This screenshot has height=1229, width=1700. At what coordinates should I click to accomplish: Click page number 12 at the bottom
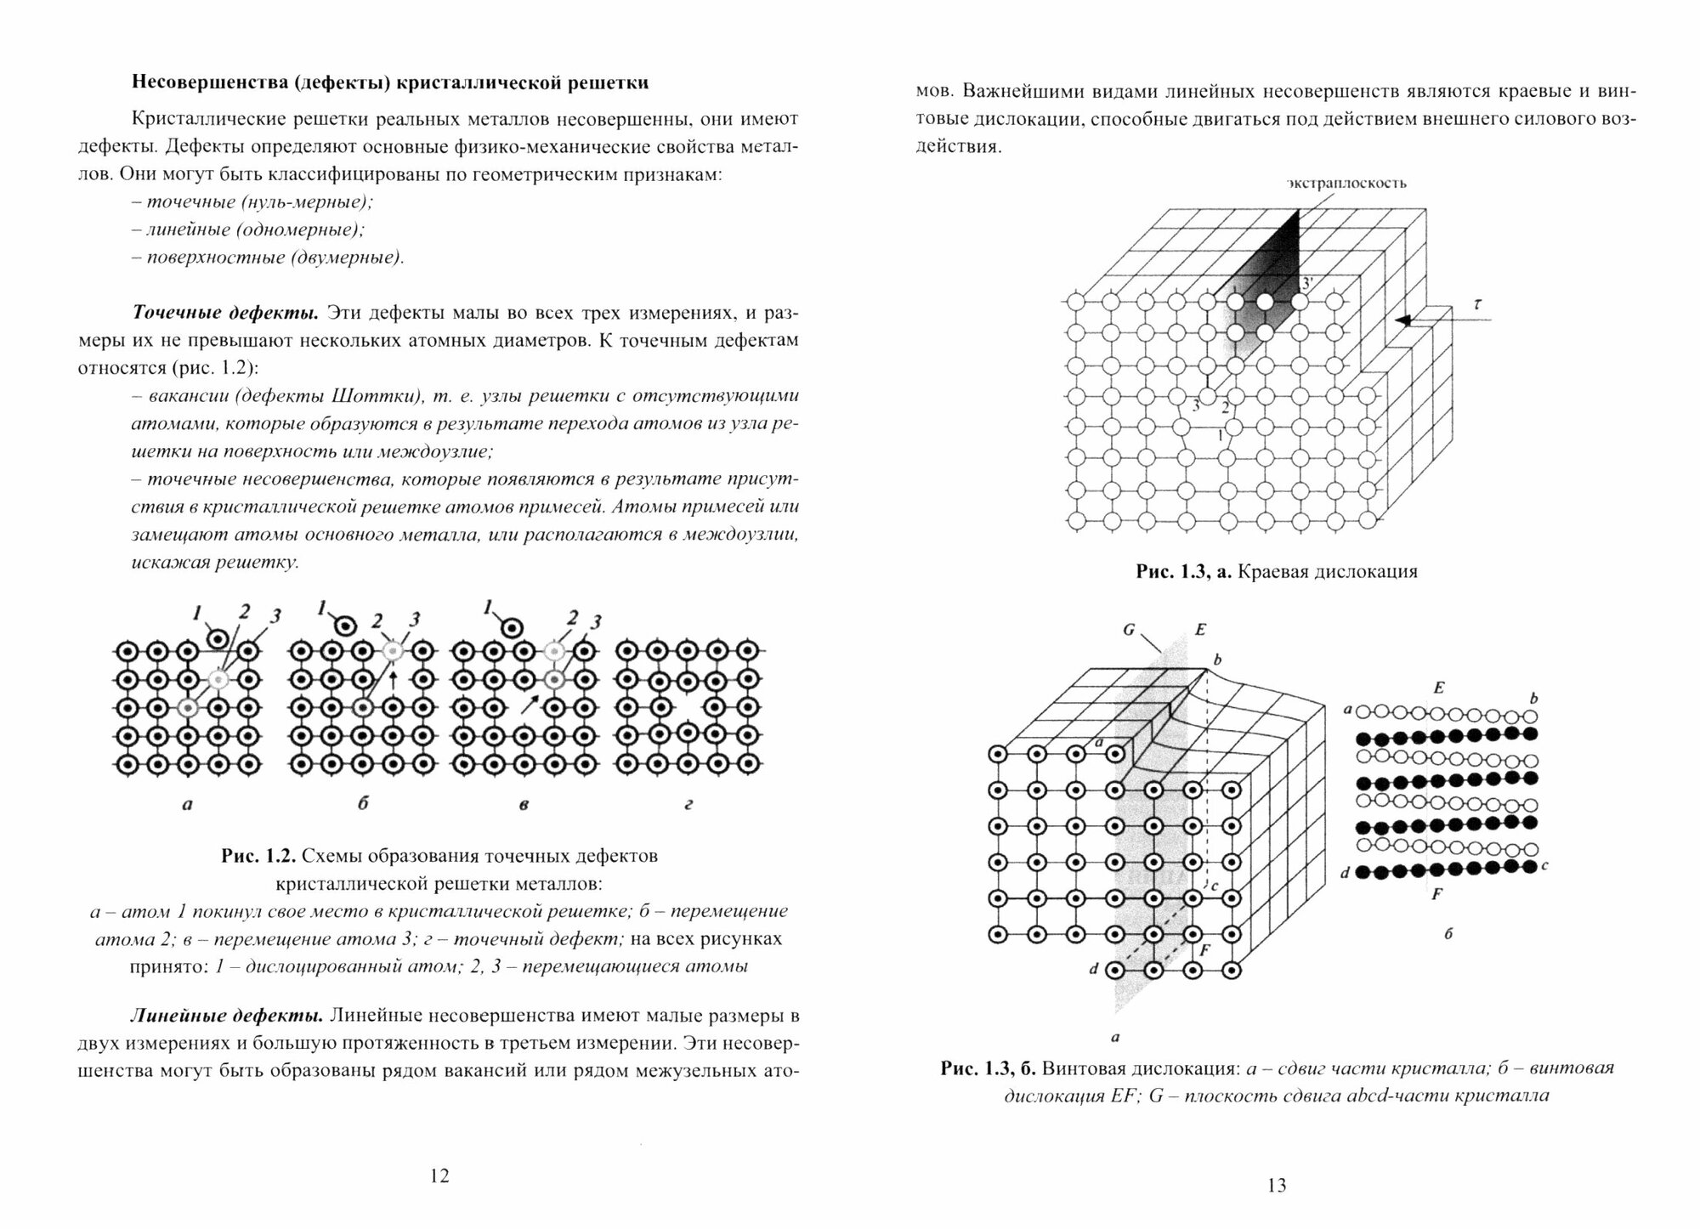439,1176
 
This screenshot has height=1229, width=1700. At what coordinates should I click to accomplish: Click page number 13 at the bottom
1277,1186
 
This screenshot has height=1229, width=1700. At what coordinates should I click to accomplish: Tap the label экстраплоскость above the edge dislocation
1346,183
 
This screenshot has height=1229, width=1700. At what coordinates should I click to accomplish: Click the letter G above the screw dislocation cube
1129,630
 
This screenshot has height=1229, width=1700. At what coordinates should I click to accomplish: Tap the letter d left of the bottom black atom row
1344,872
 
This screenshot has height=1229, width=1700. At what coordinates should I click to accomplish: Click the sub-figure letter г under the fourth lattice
688,804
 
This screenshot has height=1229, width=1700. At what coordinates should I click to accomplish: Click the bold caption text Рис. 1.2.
258,856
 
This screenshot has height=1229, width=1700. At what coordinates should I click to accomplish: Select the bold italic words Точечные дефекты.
225,312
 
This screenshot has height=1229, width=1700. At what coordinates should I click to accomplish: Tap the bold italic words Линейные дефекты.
225,1016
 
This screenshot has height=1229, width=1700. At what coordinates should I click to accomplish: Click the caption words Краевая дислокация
1327,572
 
